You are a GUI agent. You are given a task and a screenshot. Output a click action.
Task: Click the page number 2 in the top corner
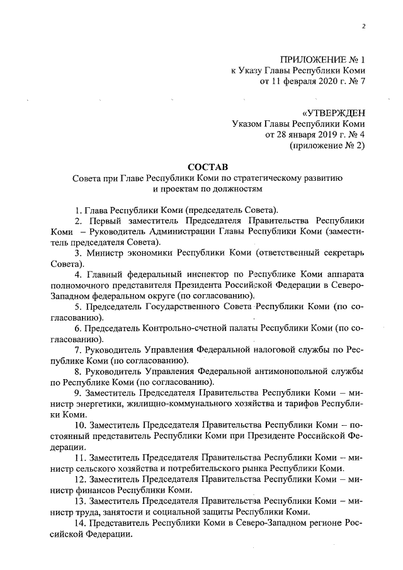coord(364,25)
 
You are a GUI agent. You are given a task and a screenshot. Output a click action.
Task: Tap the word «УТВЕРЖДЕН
coord(334,113)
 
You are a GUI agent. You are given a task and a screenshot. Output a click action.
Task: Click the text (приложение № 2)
coord(327,145)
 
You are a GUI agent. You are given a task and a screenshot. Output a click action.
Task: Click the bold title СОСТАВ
coord(207,167)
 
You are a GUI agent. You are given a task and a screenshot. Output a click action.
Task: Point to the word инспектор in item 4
coord(212,275)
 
